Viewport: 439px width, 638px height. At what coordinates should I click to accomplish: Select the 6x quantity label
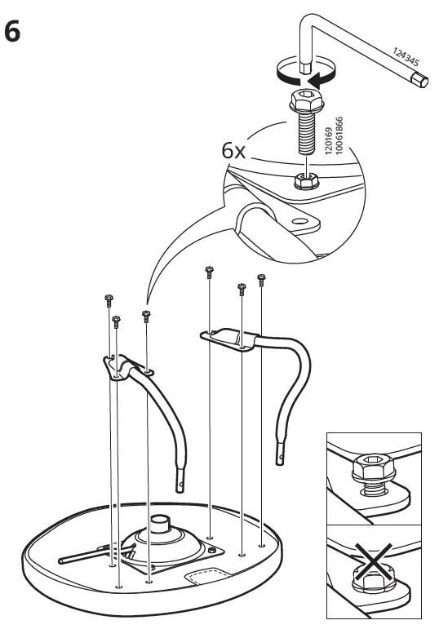point(234,152)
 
